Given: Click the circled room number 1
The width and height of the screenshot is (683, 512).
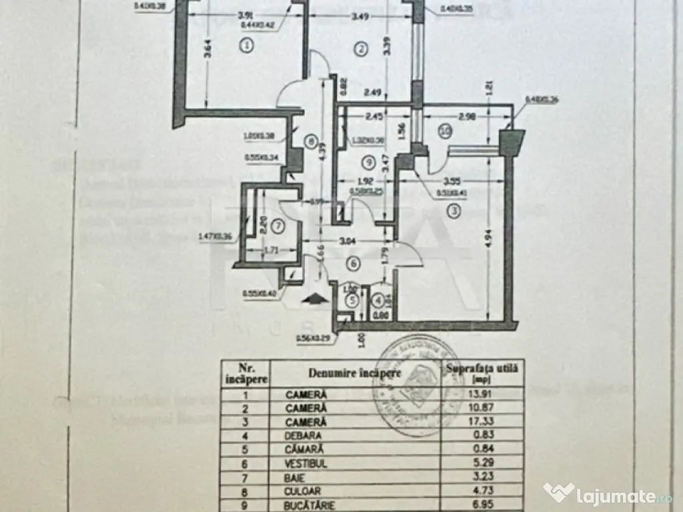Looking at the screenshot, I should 247,46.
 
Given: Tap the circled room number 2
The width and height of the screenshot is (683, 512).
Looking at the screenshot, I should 362,48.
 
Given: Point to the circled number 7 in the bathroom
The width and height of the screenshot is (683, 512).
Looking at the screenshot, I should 278,227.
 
